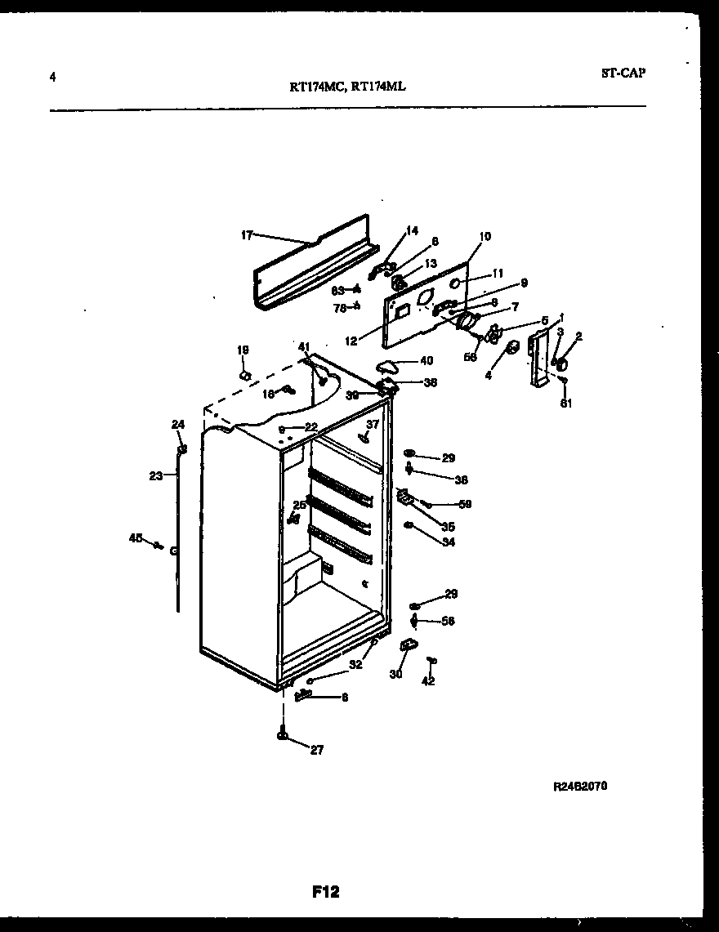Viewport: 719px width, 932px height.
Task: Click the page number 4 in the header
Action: pos(52,78)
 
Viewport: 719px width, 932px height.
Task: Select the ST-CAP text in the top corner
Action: pos(623,73)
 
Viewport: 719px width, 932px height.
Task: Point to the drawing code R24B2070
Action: pos(580,786)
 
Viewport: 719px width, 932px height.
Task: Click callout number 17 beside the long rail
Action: pos(246,235)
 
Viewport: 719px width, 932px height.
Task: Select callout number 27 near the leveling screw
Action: pos(316,750)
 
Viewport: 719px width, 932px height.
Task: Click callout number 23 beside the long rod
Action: pos(156,476)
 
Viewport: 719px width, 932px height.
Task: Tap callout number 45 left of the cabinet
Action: pos(136,537)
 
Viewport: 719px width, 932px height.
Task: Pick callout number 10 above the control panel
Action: pos(485,237)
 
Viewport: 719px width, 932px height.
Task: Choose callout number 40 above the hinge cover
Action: pos(426,360)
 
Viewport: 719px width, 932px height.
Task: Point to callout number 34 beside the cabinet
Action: pos(449,542)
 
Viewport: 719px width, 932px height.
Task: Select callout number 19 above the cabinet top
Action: pos(243,350)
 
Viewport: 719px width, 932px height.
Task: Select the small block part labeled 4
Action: pos(512,349)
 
